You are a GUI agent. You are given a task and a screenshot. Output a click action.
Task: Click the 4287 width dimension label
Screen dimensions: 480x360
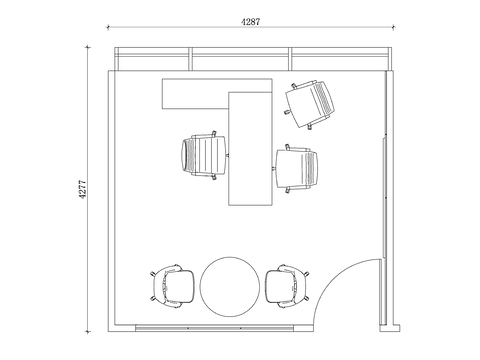[250, 22]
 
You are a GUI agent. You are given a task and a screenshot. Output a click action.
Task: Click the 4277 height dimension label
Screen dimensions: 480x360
[82, 189]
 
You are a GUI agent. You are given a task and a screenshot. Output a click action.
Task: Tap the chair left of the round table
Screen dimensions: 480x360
[172, 286]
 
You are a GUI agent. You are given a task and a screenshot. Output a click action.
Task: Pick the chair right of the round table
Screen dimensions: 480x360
[287, 286]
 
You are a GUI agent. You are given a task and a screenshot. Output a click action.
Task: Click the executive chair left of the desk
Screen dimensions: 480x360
[205, 155]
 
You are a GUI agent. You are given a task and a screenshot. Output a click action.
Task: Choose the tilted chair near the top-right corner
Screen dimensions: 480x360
[310, 104]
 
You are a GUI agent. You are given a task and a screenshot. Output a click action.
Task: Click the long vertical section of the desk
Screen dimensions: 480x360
[251, 149]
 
